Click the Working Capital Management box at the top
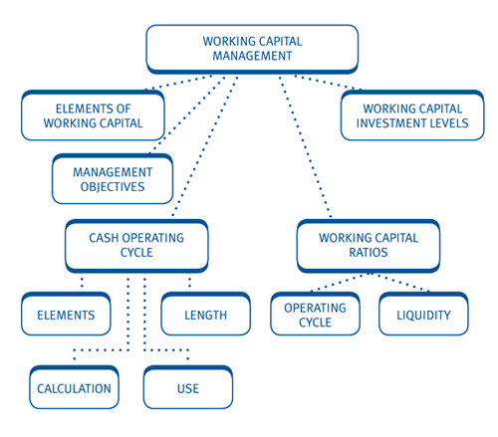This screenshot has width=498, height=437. [251, 49]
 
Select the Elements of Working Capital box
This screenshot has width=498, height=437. [93, 115]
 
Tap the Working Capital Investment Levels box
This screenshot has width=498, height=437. [411, 115]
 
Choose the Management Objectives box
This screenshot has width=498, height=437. [113, 179]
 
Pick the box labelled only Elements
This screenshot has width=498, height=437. [66, 315]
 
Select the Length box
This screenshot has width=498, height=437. [205, 315]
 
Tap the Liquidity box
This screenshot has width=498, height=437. [422, 315]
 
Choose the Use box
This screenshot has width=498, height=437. [187, 387]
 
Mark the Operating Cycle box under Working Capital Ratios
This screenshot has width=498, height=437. [315, 315]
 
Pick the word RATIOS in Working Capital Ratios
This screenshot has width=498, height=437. [368, 253]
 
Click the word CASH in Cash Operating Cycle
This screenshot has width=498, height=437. [103, 238]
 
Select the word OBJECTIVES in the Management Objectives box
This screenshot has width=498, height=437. [113, 186]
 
